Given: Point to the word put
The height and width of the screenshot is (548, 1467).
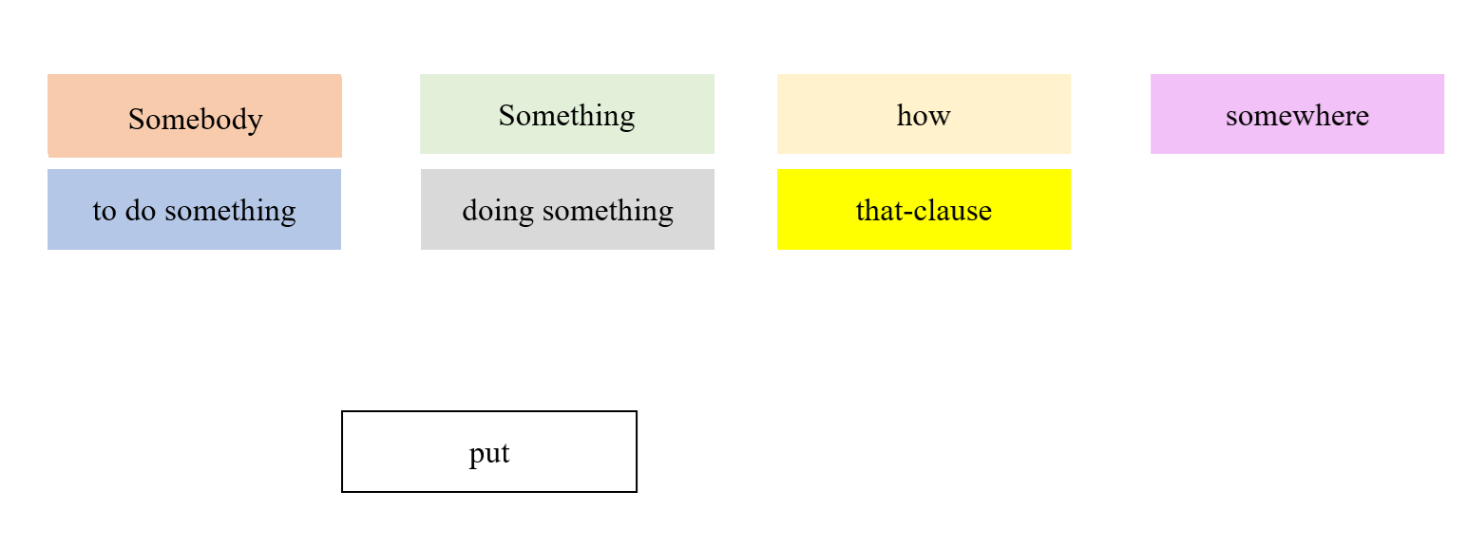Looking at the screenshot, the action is click(489, 454).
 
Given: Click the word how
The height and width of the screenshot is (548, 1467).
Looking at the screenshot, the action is click(924, 116).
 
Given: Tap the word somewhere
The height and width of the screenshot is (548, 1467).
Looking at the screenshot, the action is click(1297, 116).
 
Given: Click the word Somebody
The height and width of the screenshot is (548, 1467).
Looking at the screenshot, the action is click(195, 120).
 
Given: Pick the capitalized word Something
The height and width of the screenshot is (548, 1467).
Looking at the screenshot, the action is click(566, 116).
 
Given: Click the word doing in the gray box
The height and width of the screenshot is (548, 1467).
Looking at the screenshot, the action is click(500, 211).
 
